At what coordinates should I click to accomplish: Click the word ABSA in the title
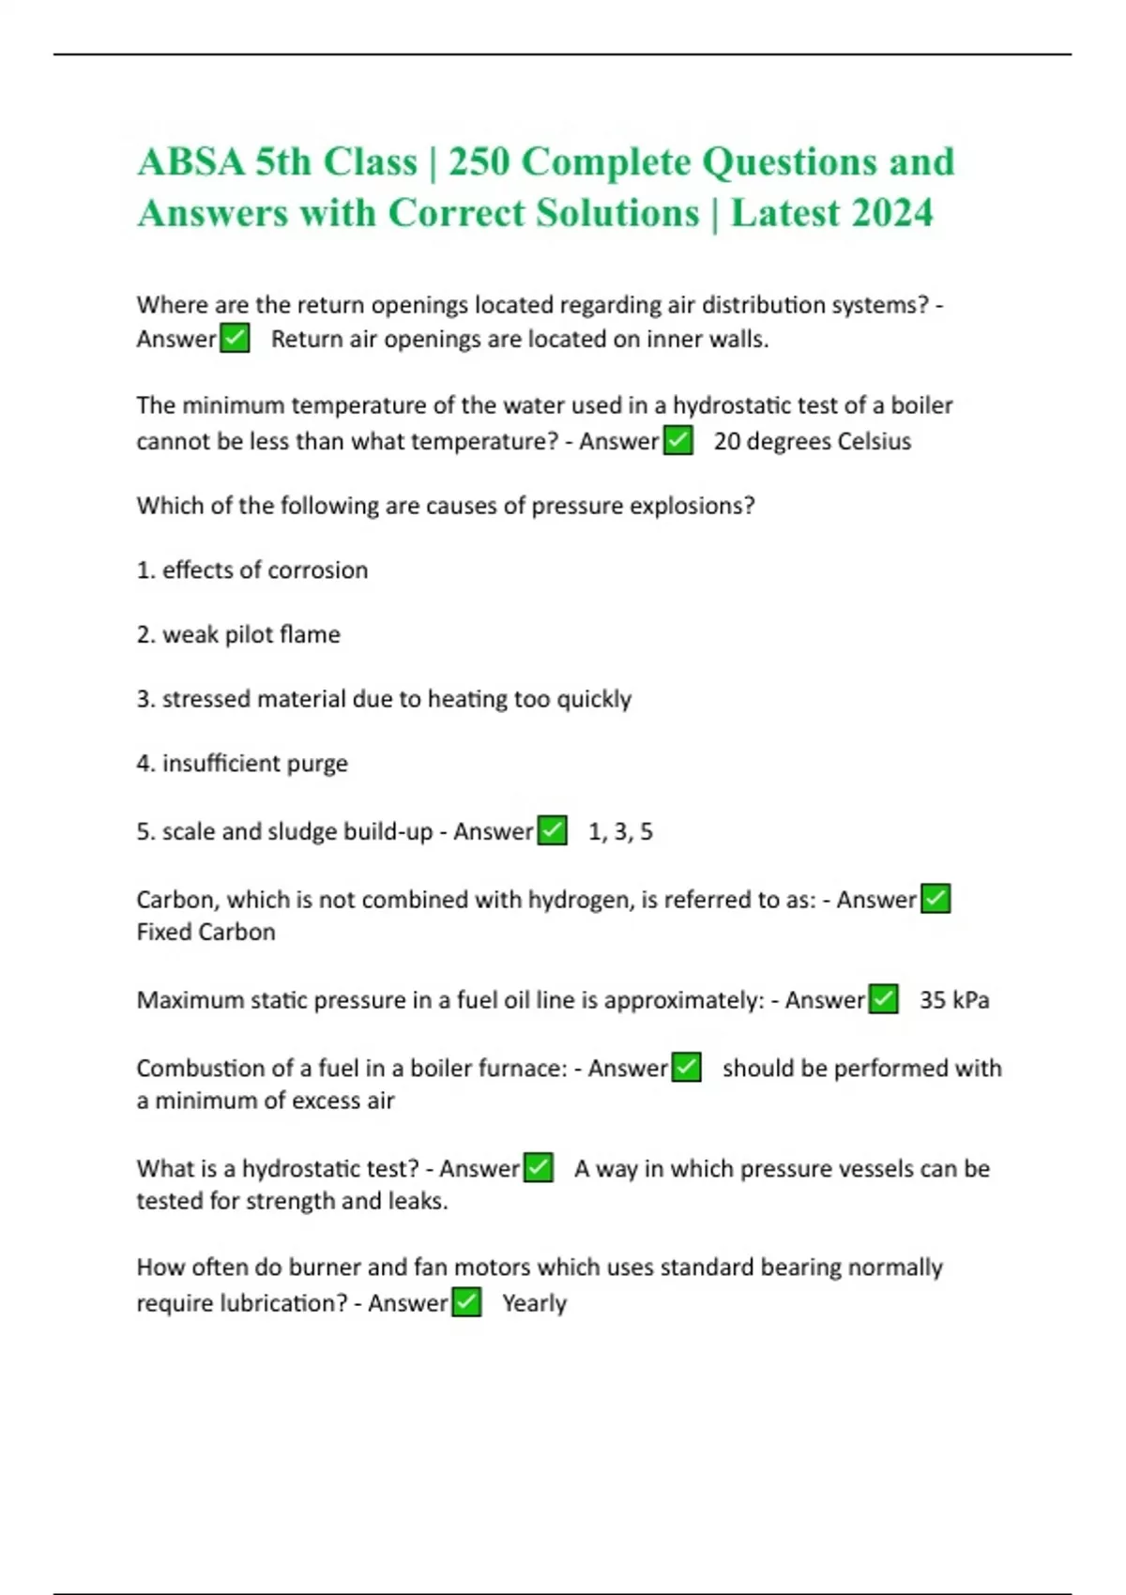point(191,162)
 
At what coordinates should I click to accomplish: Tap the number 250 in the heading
point(479,162)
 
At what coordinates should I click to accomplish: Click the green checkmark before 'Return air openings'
point(235,338)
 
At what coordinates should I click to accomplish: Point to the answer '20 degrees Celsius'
point(812,441)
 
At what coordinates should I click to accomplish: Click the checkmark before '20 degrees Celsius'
point(677,440)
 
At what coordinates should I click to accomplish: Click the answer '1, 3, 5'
point(620,831)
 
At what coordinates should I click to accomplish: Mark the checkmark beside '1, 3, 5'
point(552,830)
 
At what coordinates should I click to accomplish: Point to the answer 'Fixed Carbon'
point(205,932)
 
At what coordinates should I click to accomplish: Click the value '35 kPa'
point(954,1000)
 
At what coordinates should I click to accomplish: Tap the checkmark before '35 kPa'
point(883,999)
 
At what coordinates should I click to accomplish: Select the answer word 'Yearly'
point(534,1303)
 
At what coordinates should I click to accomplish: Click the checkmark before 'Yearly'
point(466,1302)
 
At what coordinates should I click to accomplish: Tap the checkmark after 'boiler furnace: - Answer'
point(687,1068)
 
